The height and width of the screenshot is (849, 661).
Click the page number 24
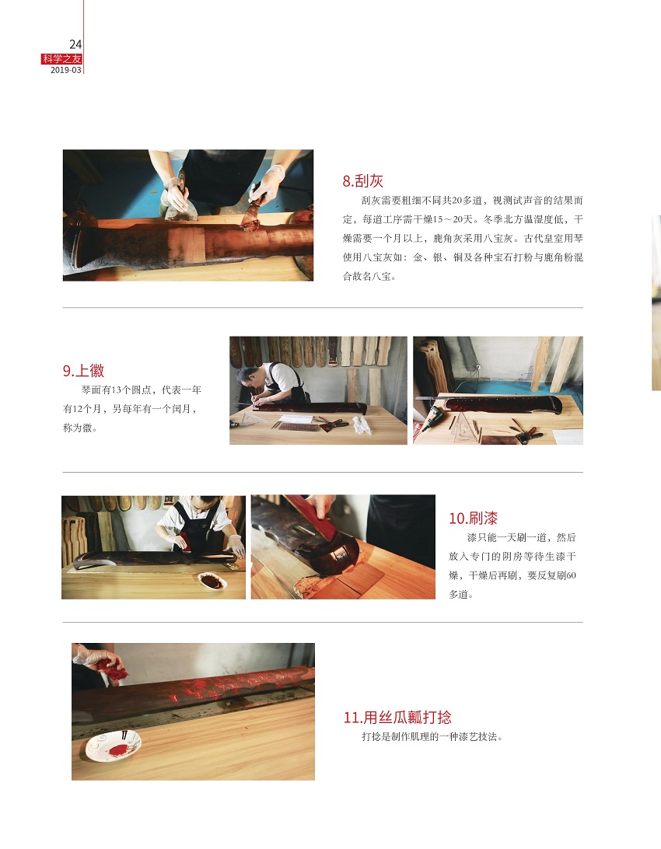tap(75, 44)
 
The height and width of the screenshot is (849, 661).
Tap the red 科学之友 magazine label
tap(61, 59)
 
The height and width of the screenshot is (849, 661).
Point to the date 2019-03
tap(65, 70)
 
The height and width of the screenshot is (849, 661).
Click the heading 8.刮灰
tap(362, 181)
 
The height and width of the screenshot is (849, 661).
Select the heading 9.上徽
tap(83, 370)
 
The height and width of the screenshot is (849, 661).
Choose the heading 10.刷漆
tap(473, 518)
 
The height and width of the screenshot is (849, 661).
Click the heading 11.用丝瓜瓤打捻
tap(397, 718)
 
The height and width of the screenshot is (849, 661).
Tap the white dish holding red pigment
tap(113, 746)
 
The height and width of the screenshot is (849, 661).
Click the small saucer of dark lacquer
tap(212, 581)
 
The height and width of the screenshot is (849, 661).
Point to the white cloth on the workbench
tap(361, 425)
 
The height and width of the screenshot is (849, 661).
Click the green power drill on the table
tap(432, 419)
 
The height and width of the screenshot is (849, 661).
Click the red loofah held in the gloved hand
tap(113, 669)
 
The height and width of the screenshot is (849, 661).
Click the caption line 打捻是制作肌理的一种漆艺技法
tap(432, 737)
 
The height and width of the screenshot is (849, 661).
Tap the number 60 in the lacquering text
tap(571, 575)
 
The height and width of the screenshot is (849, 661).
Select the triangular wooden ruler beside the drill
tap(463, 428)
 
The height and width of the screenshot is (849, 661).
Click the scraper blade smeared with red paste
tap(250, 215)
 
